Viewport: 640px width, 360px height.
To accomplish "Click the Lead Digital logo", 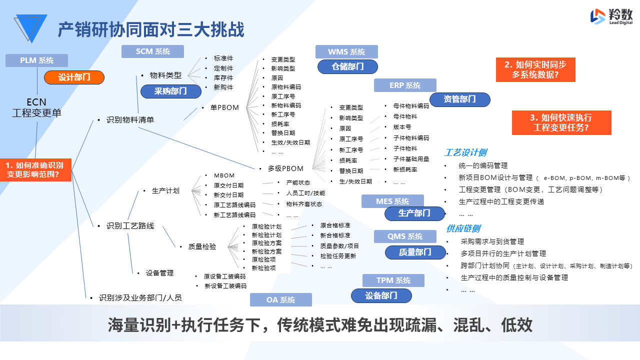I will click(611, 17).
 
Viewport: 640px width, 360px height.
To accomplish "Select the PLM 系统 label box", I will click(36, 60).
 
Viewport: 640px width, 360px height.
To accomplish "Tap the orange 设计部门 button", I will click(74, 77).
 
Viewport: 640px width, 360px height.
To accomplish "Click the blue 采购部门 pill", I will click(170, 91).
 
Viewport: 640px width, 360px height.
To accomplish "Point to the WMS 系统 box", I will click(346, 51).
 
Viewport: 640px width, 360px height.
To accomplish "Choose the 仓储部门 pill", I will click(347, 66).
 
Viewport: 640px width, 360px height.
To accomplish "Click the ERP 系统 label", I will click(405, 85).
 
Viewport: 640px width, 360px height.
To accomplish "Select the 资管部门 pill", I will click(459, 99).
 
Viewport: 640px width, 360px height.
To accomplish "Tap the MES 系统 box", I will click(392, 201).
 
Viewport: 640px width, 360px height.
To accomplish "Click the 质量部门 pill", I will click(415, 252).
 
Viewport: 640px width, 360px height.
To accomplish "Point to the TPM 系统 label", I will click(393, 280).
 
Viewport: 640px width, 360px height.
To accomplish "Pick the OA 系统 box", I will click(281, 300).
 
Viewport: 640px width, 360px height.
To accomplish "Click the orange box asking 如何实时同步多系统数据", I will click(535, 69).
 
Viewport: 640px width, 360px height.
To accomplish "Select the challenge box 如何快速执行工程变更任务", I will click(561, 122).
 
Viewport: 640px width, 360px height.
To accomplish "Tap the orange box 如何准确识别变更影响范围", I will click(35, 169).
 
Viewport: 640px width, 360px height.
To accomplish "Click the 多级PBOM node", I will click(285, 168).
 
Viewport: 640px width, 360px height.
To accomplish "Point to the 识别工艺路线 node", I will click(130, 226).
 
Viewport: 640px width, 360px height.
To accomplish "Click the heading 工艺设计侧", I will click(465, 152).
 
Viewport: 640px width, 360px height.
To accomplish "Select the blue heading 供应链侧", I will click(463, 228).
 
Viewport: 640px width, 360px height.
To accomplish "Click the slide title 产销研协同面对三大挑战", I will click(151, 30).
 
